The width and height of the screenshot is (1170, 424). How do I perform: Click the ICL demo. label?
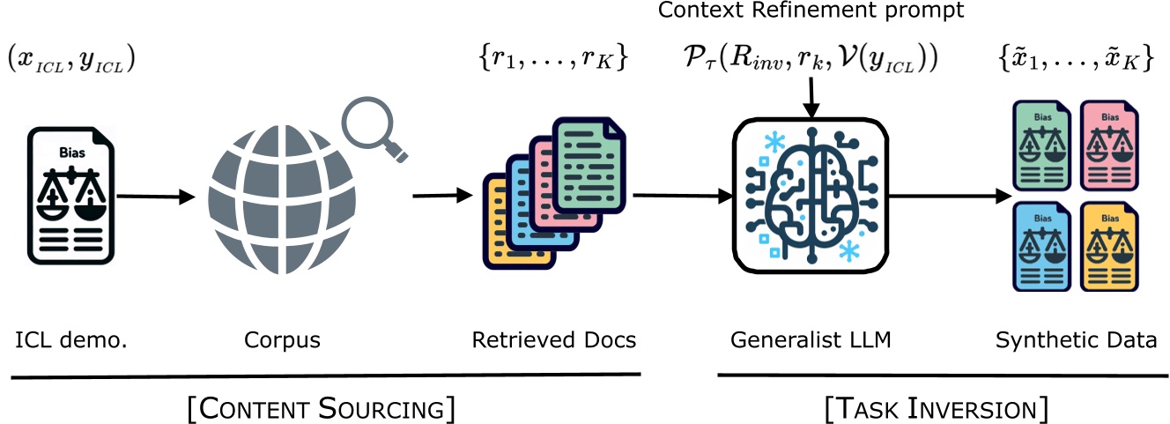coord(71,339)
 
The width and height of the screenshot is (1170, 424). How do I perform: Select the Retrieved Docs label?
coord(553,339)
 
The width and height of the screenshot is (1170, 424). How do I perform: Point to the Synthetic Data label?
coord(1076,339)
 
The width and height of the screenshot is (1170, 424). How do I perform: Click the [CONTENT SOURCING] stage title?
coord(322,408)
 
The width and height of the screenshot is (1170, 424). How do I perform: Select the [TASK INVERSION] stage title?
coord(936,408)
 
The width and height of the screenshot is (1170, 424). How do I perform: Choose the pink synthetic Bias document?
coord(1107,146)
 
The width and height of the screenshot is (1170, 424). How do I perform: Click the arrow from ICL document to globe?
coord(154,198)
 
